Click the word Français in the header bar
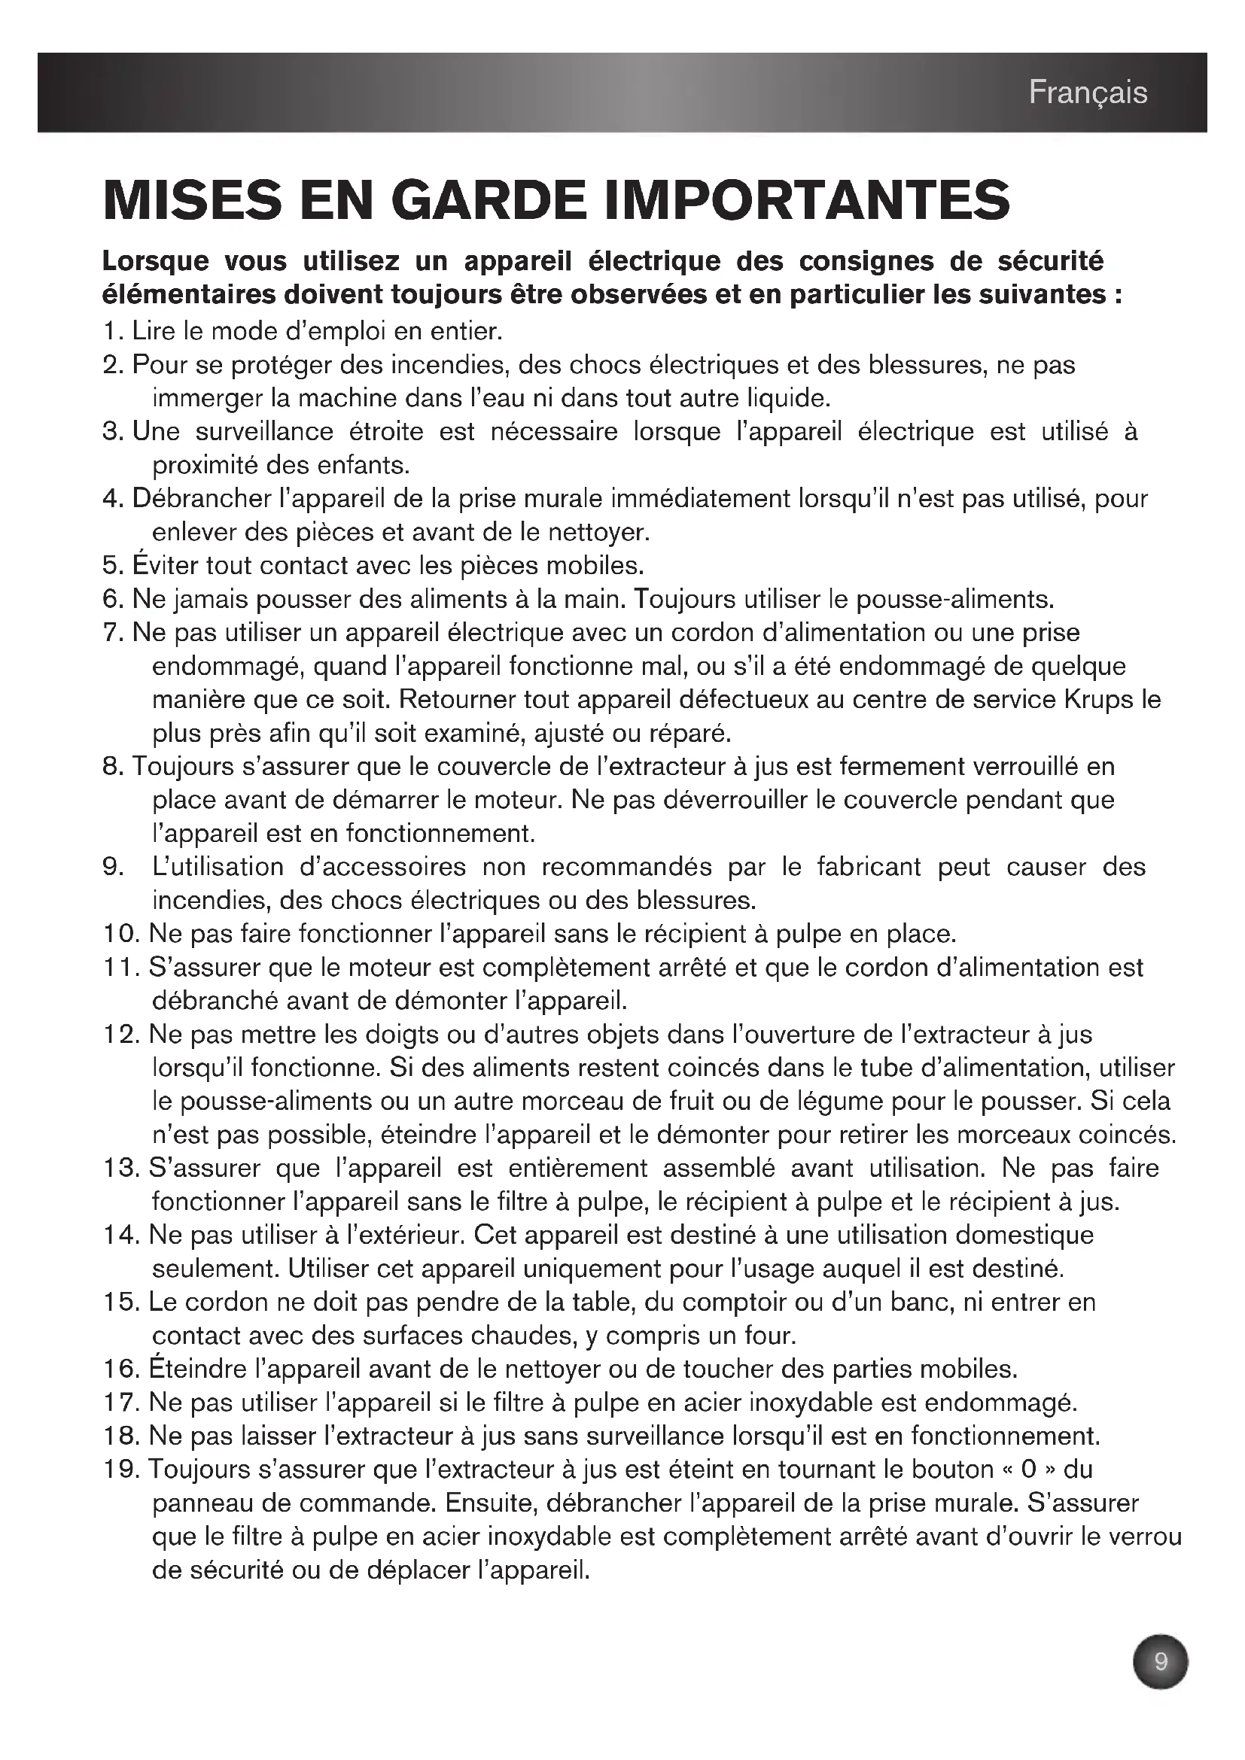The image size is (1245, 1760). point(1087,93)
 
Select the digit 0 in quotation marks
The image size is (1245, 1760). point(1029,1470)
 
